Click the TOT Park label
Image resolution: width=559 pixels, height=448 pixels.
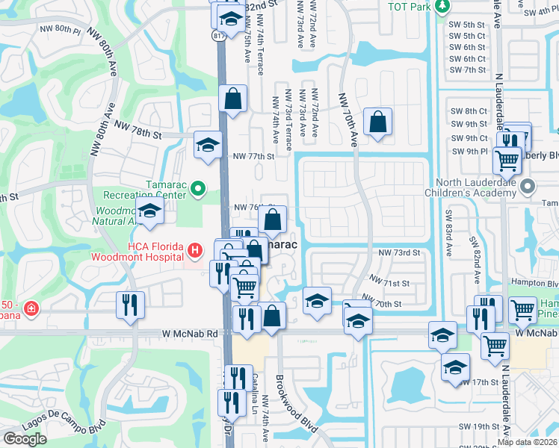pyautogui.click(x=410, y=7)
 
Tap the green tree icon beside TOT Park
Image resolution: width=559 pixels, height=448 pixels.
pyautogui.click(x=442, y=7)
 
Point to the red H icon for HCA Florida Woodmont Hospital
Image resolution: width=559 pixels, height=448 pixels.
pyautogui.click(x=194, y=251)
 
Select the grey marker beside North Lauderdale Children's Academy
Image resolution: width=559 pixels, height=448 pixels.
pyautogui.click(x=529, y=186)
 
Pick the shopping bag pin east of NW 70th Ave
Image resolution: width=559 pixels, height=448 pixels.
pyautogui.click(x=378, y=122)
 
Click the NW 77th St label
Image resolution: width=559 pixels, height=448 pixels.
pyautogui.click(x=253, y=157)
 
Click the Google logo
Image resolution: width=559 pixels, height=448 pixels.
pyautogui.click(x=25, y=438)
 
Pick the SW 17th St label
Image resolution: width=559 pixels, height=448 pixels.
pyautogui.click(x=484, y=382)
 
